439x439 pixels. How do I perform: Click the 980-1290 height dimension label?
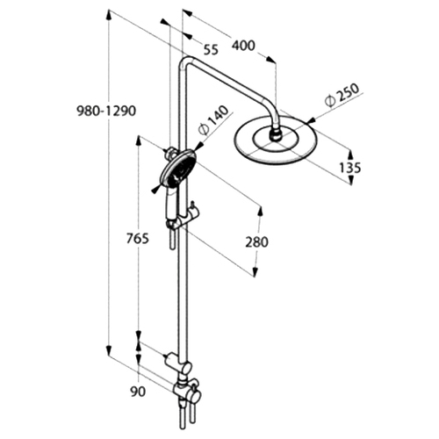(x=106, y=112)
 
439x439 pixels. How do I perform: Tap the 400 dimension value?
(x=243, y=46)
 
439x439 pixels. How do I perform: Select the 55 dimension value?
(x=211, y=49)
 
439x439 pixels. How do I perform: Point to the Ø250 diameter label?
(x=342, y=94)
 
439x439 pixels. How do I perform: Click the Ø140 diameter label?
(x=212, y=119)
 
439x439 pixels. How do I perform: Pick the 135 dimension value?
(x=349, y=168)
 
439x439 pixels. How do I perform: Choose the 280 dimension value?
(x=256, y=242)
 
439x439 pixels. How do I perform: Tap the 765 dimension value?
(x=138, y=239)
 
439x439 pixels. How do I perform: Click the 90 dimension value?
(x=138, y=392)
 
